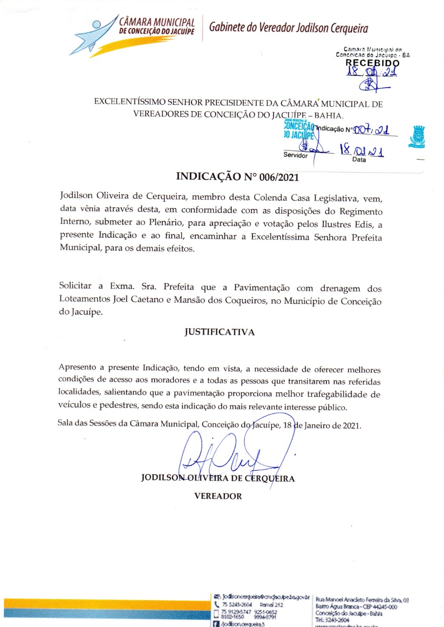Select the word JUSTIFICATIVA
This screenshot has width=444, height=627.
219,332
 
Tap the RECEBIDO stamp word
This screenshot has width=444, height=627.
372,63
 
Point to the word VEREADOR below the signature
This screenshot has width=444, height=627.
218,496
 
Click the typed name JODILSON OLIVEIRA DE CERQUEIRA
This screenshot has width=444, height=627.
218,478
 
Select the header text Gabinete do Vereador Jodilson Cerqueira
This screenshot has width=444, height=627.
288,28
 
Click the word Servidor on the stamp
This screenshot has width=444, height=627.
295,155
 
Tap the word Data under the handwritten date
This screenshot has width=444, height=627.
359,160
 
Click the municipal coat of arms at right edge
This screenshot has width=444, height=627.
417,137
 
